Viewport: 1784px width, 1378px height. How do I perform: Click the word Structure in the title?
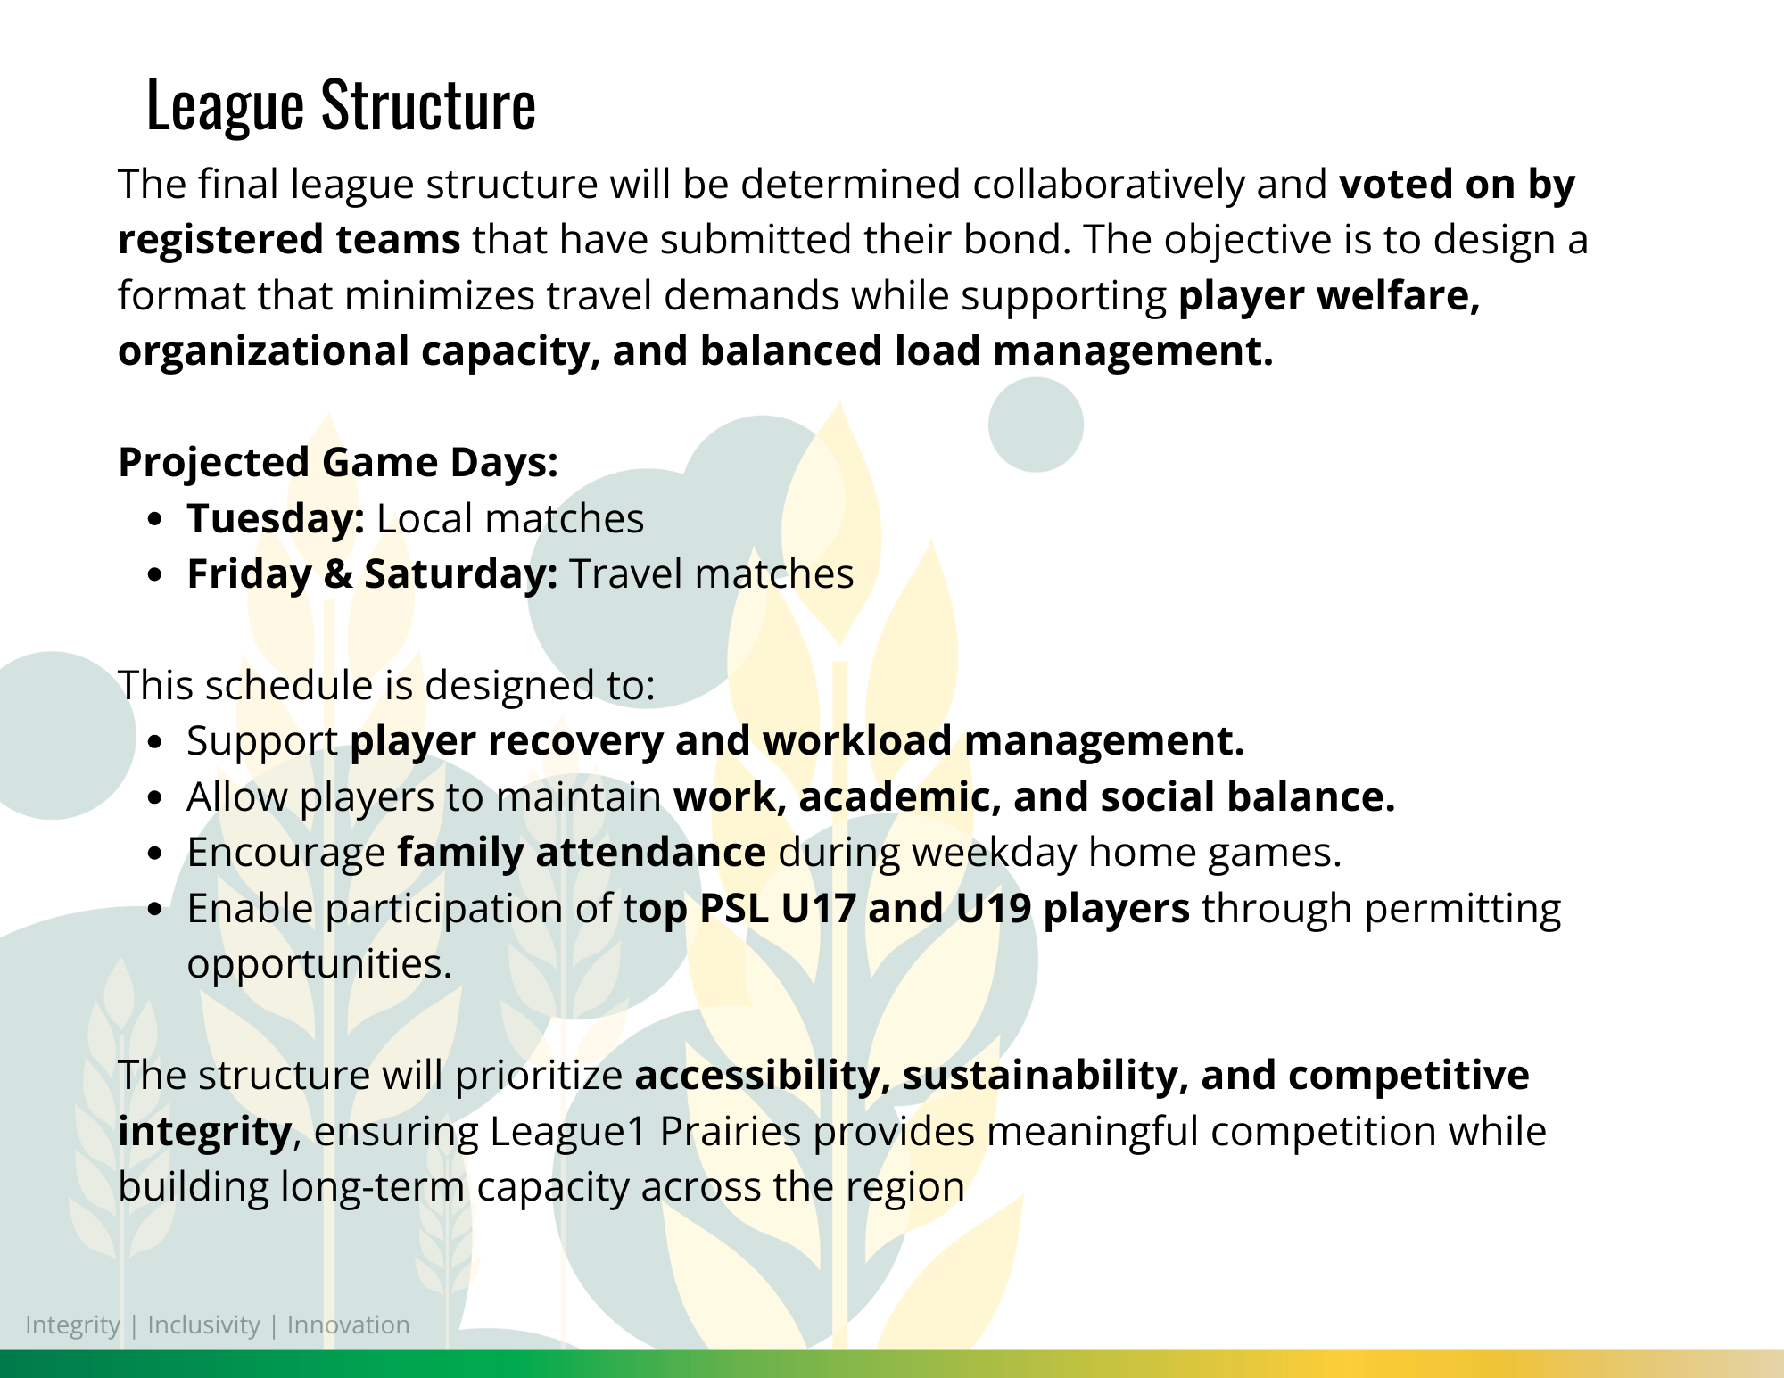[428, 105]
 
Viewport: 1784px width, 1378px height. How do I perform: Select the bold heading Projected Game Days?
[338, 463]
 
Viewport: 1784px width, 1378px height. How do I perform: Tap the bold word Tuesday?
[276, 520]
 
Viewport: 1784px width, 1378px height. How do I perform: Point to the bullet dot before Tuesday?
[156, 520]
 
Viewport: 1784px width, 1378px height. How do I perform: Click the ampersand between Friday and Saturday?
[338, 574]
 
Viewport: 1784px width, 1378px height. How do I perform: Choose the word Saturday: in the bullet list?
[461, 574]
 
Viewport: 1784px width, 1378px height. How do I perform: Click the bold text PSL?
[735, 909]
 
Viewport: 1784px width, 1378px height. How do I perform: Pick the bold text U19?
[994, 909]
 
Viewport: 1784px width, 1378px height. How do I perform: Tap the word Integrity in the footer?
[72, 1325]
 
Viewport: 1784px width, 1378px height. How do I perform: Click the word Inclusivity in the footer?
[203, 1325]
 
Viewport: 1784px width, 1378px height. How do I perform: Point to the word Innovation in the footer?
[348, 1325]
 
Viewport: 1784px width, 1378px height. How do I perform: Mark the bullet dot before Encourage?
[156, 854]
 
